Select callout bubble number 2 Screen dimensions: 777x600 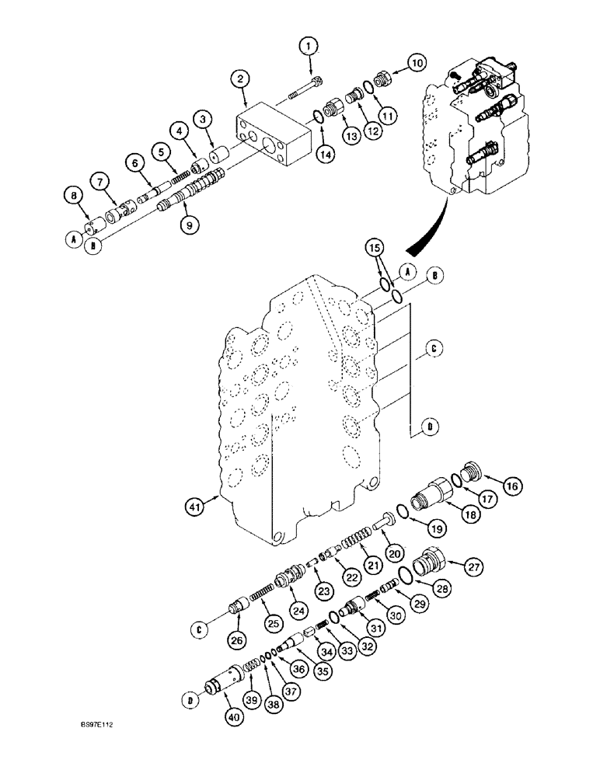[x=241, y=79]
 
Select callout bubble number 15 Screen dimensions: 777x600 [x=375, y=249]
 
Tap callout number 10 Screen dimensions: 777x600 [x=417, y=62]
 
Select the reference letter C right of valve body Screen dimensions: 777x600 [x=431, y=351]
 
